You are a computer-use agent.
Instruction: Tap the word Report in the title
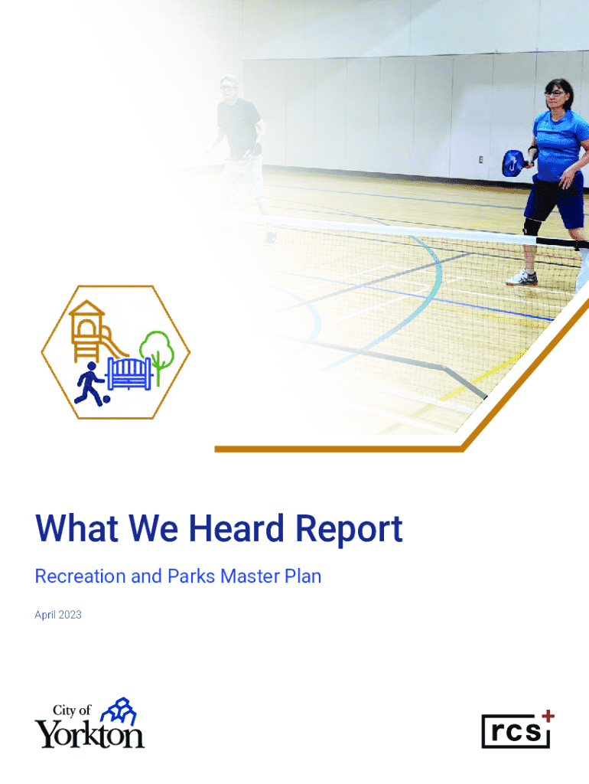point(349,530)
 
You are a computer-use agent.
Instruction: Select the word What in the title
point(77,528)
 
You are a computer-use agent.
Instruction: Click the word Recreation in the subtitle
point(80,576)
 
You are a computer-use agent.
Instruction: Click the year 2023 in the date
point(70,615)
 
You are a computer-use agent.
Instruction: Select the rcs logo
point(518,730)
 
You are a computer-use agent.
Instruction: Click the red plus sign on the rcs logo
point(548,716)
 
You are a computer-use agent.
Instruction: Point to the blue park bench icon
point(129,374)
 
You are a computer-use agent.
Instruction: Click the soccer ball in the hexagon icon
point(106,399)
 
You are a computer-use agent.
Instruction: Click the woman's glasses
point(555,93)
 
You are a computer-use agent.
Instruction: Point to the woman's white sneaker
point(522,278)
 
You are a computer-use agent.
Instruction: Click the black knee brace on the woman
point(531,227)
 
